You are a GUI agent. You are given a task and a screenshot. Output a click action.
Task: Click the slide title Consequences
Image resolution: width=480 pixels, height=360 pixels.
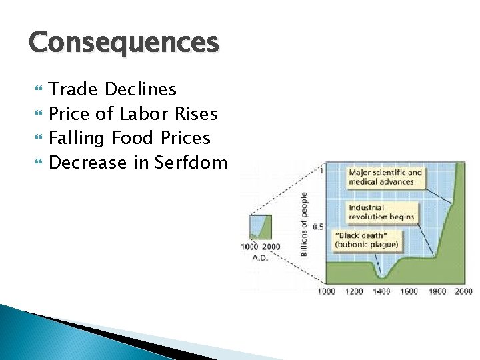pyautogui.click(x=123, y=43)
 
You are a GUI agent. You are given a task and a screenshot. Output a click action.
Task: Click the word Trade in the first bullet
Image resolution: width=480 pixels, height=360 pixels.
pyautogui.click(x=72, y=89)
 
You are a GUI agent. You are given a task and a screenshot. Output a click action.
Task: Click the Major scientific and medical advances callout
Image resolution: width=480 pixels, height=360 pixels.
pyautogui.click(x=385, y=177)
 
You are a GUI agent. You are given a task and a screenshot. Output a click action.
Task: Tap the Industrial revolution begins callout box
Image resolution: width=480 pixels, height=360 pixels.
pyautogui.click(x=381, y=212)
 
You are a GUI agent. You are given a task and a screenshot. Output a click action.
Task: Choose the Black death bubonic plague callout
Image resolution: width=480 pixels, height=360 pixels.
pyautogui.click(x=367, y=240)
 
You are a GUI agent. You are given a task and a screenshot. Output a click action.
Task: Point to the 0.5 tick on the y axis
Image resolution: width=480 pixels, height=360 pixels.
pyautogui.click(x=318, y=227)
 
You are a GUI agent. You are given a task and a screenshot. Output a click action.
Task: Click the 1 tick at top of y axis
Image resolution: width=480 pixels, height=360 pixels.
pyautogui.click(x=321, y=171)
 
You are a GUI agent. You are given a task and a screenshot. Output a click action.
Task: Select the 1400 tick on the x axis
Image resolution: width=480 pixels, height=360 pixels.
pyautogui.click(x=381, y=291)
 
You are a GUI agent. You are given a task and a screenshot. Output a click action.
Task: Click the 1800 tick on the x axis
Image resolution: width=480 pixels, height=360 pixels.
pyautogui.click(x=437, y=291)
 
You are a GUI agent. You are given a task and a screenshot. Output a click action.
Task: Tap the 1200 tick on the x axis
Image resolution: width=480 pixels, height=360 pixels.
pyautogui.click(x=354, y=291)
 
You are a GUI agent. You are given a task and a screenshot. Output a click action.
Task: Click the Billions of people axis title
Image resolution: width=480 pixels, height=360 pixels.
pyautogui.click(x=304, y=224)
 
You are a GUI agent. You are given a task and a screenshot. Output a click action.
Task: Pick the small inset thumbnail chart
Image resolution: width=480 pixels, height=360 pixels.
pyautogui.click(x=260, y=227)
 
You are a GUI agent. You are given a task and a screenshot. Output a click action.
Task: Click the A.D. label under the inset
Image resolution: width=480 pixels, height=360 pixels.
pyautogui.click(x=260, y=258)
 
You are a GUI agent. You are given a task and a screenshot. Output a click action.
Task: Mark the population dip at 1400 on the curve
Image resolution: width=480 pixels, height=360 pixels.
pyautogui.click(x=382, y=275)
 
